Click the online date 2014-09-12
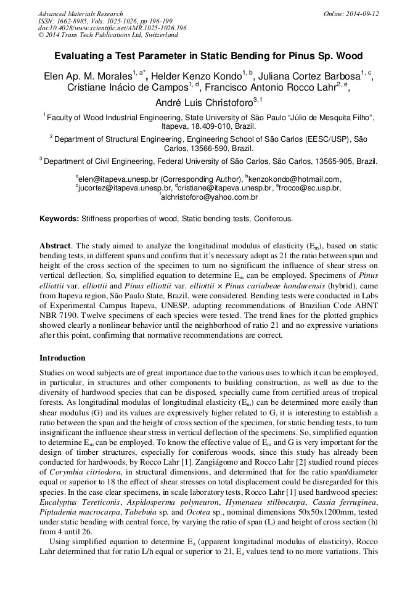click(363, 14)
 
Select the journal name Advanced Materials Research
click(80, 14)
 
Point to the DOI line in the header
click(112, 28)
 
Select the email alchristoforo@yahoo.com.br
click(210, 197)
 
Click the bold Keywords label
click(59, 219)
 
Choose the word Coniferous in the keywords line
click(273, 219)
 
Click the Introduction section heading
click(62, 358)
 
